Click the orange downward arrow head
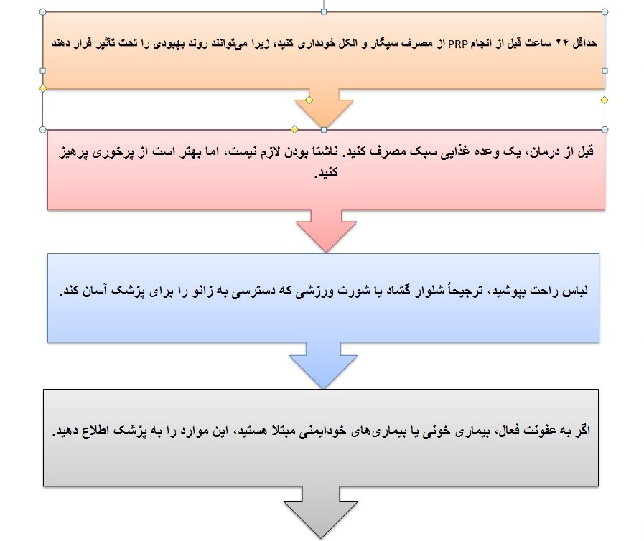coord(324,109)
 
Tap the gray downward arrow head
coord(321,513)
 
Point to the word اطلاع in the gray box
coord(95,431)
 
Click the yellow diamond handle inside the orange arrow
coord(309,100)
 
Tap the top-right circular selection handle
coord(605,12)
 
